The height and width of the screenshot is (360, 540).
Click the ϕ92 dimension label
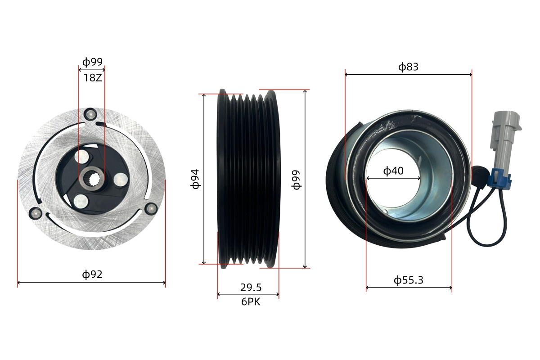pyautogui.click(x=92, y=274)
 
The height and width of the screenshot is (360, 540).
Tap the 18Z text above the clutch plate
pyautogui.click(x=93, y=78)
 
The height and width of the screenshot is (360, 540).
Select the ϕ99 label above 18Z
pyautogui.click(x=92, y=62)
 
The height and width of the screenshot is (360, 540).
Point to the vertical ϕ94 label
pyautogui.click(x=195, y=179)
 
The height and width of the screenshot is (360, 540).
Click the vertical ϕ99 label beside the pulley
pyautogui.click(x=296, y=180)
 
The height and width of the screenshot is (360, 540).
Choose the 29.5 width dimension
pyautogui.click(x=251, y=288)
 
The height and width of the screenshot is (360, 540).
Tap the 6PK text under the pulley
pyautogui.click(x=251, y=301)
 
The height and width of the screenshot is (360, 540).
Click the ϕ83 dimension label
pyautogui.click(x=408, y=67)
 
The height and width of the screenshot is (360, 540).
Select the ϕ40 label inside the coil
pyautogui.click(x=393, y=171)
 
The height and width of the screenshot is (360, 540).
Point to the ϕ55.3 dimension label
pyautogui.click(x=409, y=280)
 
